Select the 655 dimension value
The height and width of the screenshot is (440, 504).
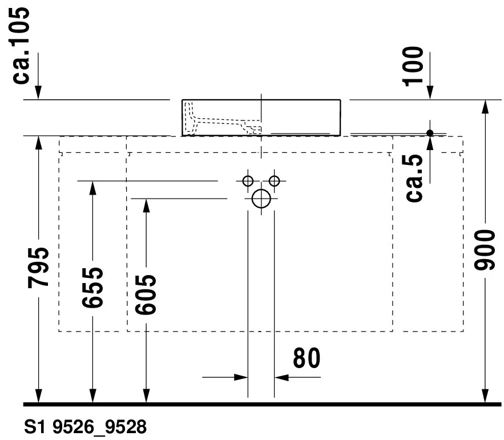(x=92, y=287)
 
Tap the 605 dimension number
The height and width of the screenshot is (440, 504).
(x=146, y=293)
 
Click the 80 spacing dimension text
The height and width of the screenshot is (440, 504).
(x=307, y=358)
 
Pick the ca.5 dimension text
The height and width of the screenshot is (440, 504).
(x=416, y=178)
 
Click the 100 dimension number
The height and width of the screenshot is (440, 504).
(x=414, y=66)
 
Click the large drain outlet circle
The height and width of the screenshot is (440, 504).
(x=261, y=199)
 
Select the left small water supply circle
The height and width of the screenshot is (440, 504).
(x=247, y=181)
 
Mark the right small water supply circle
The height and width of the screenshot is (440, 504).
(x=275, y=181)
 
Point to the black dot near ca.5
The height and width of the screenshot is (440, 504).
(x=430, y=133)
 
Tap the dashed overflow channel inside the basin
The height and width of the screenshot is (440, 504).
(x=223, y=121)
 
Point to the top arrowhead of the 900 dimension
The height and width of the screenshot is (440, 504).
(x=485, y=107)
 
